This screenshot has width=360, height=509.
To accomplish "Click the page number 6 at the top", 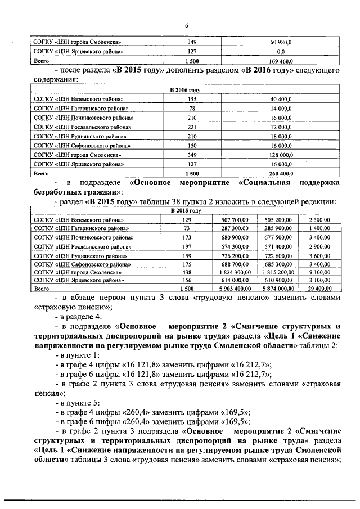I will point(186,25).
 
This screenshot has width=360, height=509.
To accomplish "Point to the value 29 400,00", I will point(318,287).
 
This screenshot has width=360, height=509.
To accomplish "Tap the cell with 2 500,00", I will point(318,220).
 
